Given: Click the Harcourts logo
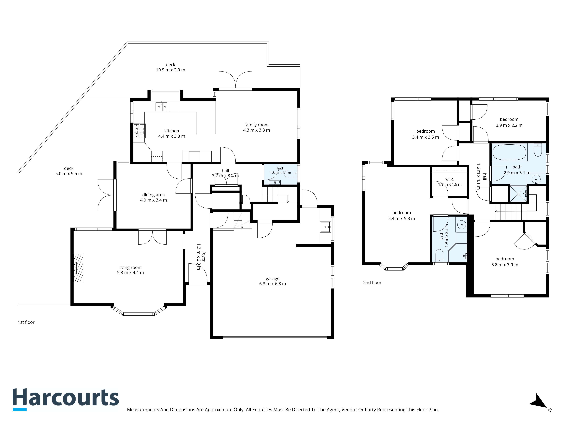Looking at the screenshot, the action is [x=66, y=399].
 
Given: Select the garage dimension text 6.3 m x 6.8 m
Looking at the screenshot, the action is [x=273, y=284].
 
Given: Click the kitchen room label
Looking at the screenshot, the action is [x=172, y=131].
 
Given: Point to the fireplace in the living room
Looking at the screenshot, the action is [x=78, y=268].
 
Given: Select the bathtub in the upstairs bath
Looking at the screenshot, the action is [x=509, y=153].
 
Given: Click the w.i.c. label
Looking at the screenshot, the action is [x=450, y=179].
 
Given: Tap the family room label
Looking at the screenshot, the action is [x=256, y=125].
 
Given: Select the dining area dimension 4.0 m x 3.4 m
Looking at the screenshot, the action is [x=154, y=200].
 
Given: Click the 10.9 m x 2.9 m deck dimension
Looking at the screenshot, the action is [x=171, y=70].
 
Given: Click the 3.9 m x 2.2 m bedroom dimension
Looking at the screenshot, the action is [x=509, y=125].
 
